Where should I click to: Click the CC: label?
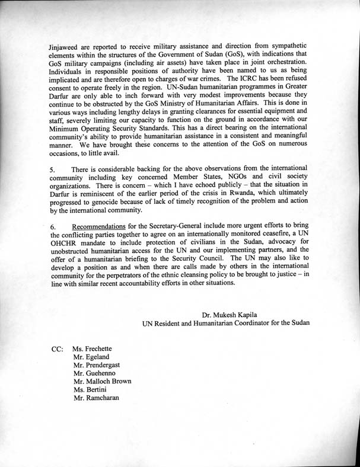click(58, 349)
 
